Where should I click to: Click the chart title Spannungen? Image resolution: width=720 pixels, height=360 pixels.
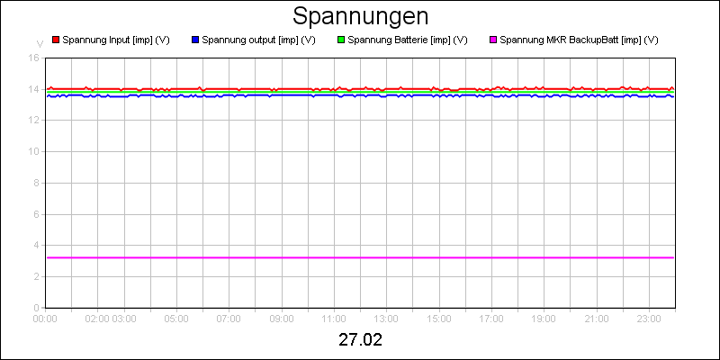coord(360,17)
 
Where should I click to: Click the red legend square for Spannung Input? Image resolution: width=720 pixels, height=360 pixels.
coord(55,40)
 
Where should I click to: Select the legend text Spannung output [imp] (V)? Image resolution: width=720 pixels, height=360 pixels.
coord(258,40)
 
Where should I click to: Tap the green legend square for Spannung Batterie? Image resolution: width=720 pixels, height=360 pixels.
coord(340,40)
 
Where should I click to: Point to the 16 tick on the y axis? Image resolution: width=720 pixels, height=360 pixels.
coord(33,58)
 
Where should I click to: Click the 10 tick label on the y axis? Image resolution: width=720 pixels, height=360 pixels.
coord(33,151)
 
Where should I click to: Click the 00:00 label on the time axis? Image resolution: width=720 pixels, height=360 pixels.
coord(45,318)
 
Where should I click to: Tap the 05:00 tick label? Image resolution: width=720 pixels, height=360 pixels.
coord(176,318)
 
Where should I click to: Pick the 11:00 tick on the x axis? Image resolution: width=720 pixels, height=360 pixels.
coord(334,318)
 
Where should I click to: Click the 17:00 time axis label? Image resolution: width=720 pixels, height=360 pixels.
coord(491,318)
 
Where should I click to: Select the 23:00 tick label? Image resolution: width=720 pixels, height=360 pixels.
coord(649,318)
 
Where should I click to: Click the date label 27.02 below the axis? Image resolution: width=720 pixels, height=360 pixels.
coord(360,340)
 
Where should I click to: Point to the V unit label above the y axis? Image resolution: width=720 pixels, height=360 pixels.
coord(40,43)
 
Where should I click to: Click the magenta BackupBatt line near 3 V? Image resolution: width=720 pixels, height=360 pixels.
coord(360,257)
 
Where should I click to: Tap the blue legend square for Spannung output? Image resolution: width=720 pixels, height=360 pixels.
coord(195,40)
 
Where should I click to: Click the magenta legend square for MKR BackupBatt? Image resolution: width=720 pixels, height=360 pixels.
coord(492,40)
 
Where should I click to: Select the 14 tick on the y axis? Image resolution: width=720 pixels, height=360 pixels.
coord(33,89)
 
